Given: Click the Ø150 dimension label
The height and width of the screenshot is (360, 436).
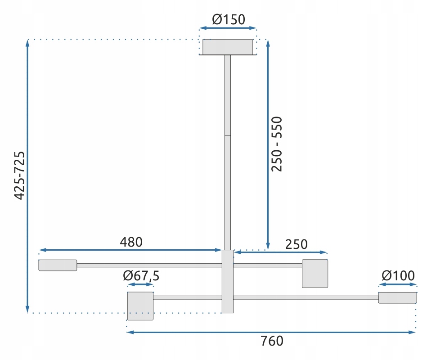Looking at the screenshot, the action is click(229, 19).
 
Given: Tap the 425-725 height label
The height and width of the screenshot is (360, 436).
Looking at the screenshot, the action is click(20, 175).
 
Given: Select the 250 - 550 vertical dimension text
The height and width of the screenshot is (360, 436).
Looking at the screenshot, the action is click(277, 144).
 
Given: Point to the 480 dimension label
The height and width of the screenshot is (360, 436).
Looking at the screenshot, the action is click(131, 242).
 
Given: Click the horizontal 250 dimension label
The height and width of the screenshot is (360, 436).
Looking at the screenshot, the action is click(297, 244).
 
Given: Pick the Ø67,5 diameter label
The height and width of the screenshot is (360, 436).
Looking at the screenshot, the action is click(141, 276).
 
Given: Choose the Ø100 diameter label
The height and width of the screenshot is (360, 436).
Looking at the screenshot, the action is click(398, 275).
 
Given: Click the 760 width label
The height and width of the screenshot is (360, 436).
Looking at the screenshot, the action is click(272, 341).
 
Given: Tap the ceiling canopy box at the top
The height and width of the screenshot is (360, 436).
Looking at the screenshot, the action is click(228, 47).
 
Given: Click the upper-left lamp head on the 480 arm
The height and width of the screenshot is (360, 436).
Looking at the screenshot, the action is click(58, 265).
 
